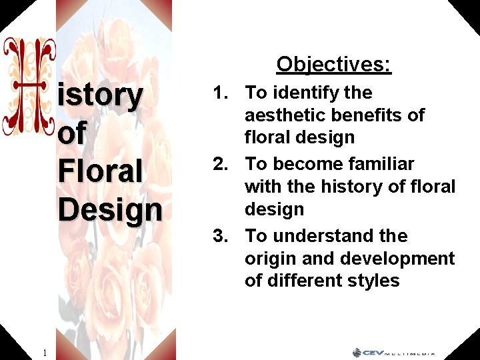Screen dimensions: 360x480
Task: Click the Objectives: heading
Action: pyautogui.click(x=334, y=64)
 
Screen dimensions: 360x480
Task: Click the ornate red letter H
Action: pyautogui.click(x=29, y=87)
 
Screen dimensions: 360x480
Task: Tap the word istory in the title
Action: pyautogui.click(x=101, y=95)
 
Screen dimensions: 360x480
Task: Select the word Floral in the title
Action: pyautogui.click(x=101, y=171)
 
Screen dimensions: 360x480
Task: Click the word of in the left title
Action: pyautogui.click(x=71, y=133)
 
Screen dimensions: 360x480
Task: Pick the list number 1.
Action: pyautogui.click(x=221, y=93)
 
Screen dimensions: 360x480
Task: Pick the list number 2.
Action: pyautogui.click(x=221, y=164)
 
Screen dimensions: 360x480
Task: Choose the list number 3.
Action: pyautogui.click(x=221, y=236)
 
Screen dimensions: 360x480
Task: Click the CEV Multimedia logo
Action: pyautogui.click(x=394, y=352)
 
